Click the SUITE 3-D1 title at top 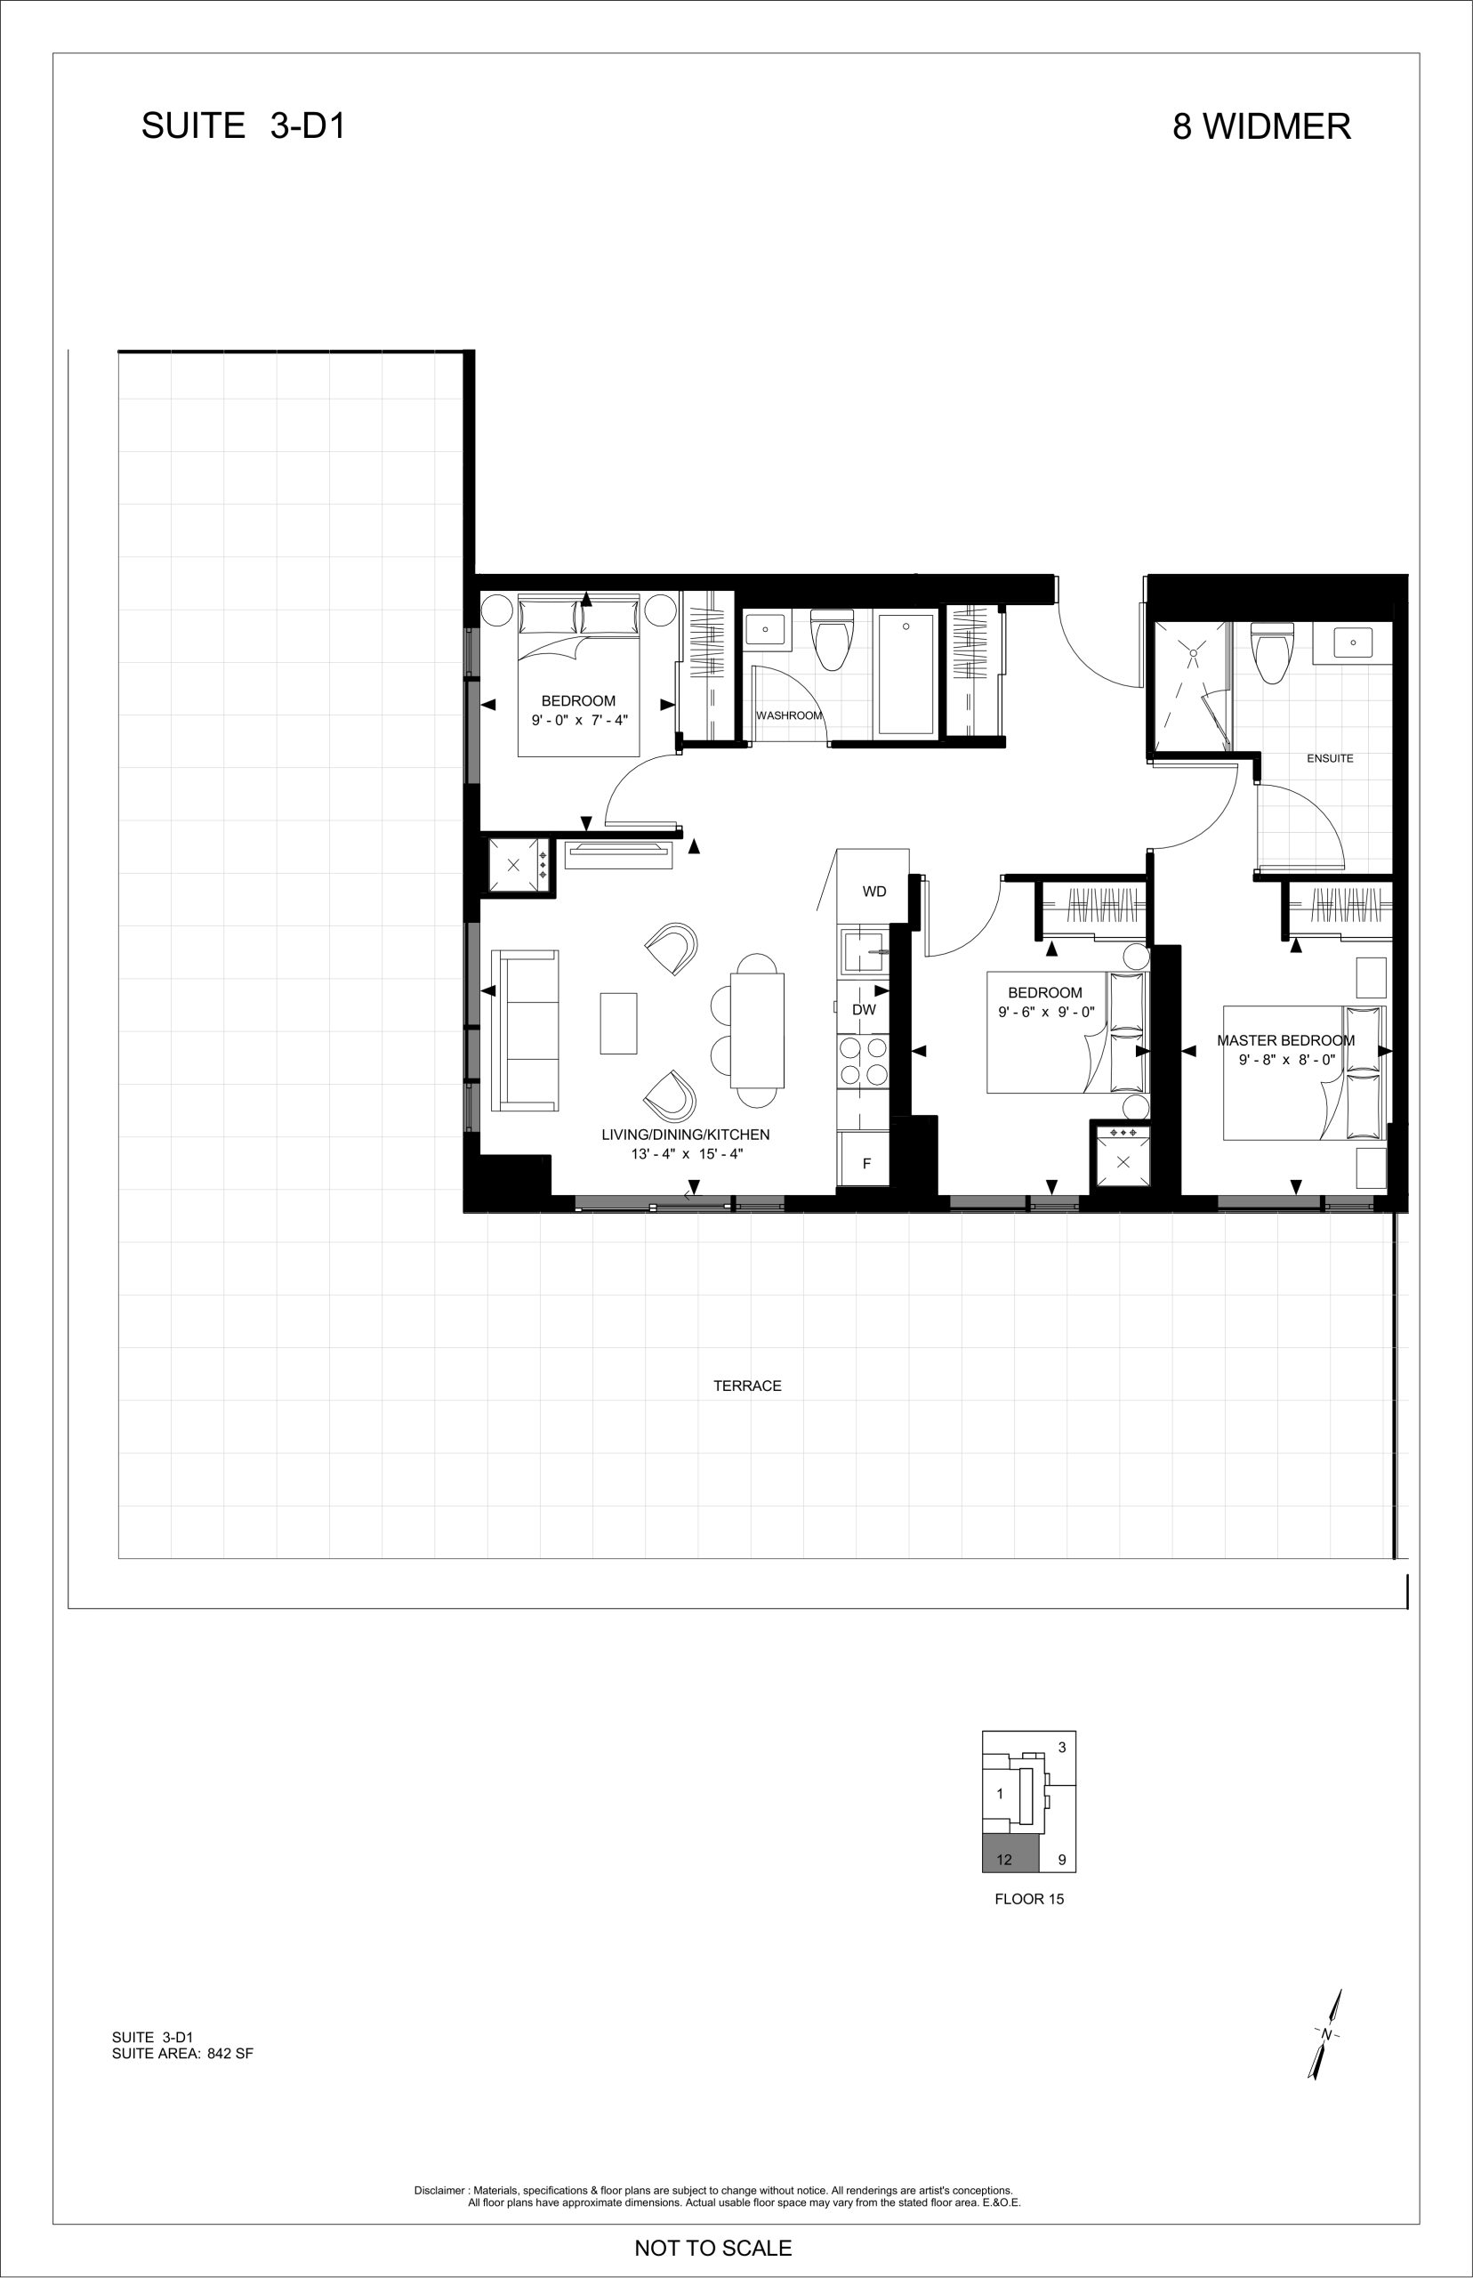click(x=243, y=126)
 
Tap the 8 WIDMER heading click(x=1261, y=126)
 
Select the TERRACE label click(x=747, y=1385)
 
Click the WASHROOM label click(x=789, y=715)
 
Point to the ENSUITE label click(x=1330, y=758)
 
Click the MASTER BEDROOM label click(x=1285, y=1040)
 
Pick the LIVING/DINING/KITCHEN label click(x=685, y=1135)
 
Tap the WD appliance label click(x=874, y=892)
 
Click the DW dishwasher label click(x=864, y=1009)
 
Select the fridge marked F click(x=864, y=1159)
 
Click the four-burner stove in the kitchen click(x=864, y=1062)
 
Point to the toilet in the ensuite click(x=1272, y=651)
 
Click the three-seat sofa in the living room click(x=524, y=1030)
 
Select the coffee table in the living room click(x=619, y=1022)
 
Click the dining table click(x=758, y=1030)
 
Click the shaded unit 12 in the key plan click(x=1010, y=1855)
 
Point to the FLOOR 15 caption click(x=1029, y=1899)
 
